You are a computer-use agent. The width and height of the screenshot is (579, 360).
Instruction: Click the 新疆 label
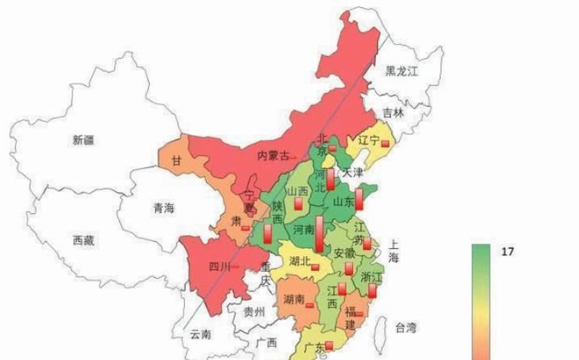[x=83, y=140]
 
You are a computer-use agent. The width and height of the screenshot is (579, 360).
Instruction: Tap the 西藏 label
[x=84, y=239]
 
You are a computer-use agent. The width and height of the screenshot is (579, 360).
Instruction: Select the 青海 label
[x=163, y=208]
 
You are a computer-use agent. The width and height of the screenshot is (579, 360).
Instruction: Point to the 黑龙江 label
[x=401, y=72]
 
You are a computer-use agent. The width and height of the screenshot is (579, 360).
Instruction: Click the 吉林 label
[x=393, y=113]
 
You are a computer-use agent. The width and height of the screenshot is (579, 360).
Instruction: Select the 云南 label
[x=201, y=333]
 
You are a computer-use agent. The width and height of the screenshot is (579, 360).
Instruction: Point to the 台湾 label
[x=405, y=327]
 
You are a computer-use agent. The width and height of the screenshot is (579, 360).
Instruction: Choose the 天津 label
[x=353, y=173]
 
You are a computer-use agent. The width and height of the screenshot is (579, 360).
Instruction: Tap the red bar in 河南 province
[x=318, y=234]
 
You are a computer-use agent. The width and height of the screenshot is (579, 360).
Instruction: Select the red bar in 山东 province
[x=359, y=198]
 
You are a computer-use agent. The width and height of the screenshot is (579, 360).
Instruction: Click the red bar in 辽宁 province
[x=385, y=143]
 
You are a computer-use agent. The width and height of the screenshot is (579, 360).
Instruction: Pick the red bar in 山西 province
[x=298, y=204]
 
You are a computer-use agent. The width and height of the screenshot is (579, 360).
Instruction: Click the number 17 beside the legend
[x=507, y=252]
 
